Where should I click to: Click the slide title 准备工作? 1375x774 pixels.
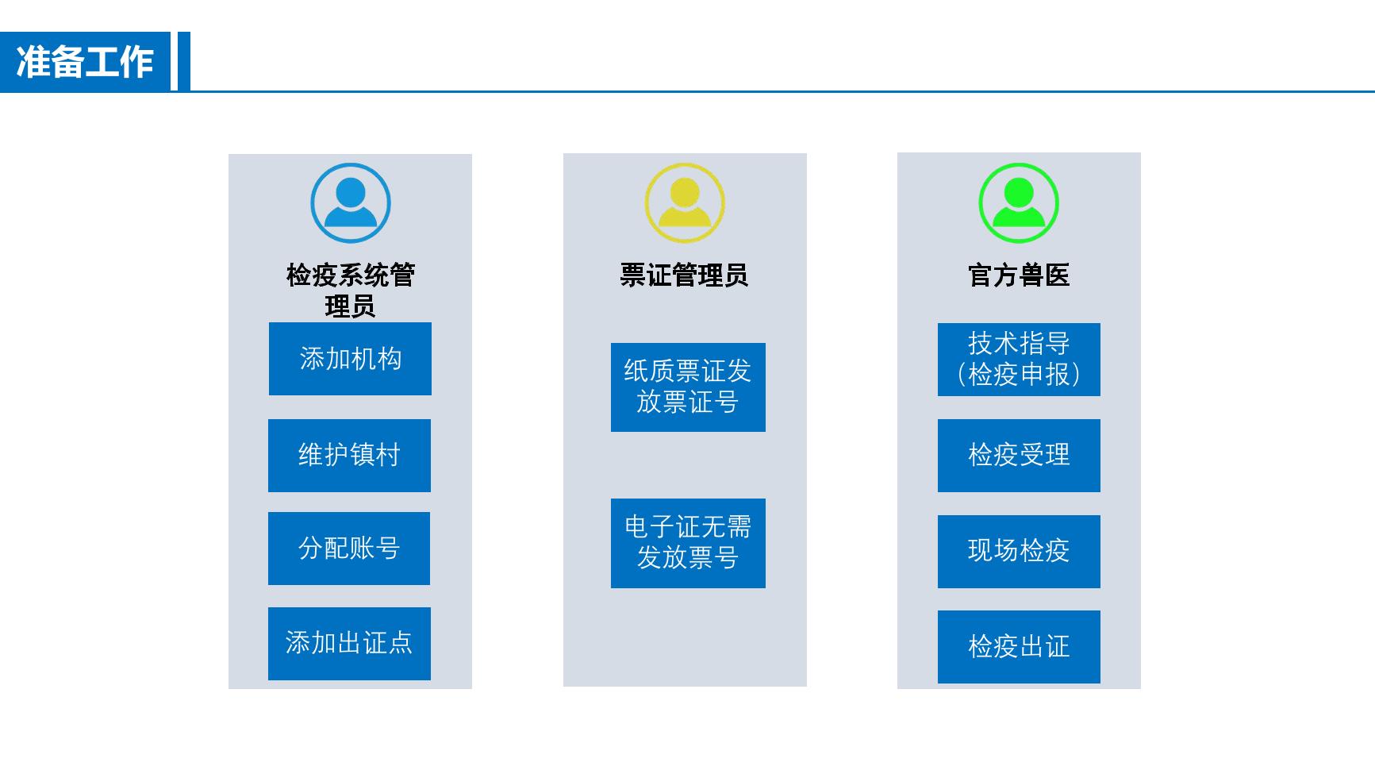(85, 62)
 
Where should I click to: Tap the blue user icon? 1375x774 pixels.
(351, 203)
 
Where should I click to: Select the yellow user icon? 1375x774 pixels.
(685, 203)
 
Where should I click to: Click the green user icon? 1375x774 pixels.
(1019, 203)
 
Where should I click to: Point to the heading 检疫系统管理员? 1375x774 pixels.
(350, 290)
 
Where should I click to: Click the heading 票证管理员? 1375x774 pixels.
(684, 275)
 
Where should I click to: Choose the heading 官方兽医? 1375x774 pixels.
(1019, 275)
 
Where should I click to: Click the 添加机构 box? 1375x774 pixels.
(350, 359)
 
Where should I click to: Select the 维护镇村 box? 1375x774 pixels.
(349, 455)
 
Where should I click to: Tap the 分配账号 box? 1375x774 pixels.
(349, 548)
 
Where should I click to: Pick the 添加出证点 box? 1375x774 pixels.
(349, 643)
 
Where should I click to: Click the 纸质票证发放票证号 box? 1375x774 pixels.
(688, 387)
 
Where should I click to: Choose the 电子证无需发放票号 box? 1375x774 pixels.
(688, 543)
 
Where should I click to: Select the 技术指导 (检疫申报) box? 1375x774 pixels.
(1019, 359)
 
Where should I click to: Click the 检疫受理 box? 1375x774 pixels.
(1019, 455)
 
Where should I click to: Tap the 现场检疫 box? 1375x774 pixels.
(1019, 551)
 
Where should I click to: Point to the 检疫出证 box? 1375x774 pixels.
(1019, 646)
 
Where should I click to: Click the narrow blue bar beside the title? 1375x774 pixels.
(184, 61)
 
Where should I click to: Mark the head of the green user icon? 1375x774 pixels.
(1019, 192)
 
